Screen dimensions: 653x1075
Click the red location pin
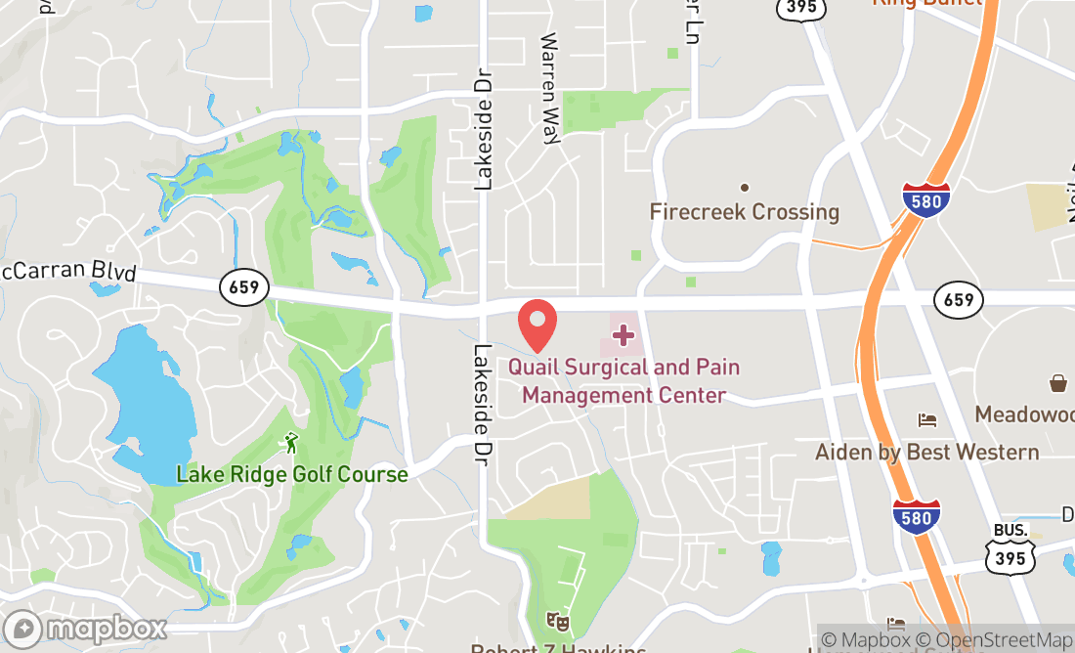(x=537, y=326)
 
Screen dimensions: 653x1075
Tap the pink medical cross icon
(x=623, y=336)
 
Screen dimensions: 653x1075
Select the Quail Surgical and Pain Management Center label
(x=624, y=381)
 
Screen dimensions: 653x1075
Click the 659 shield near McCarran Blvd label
(x=244, y=287)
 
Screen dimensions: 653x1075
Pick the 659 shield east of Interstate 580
(x=959, y=299)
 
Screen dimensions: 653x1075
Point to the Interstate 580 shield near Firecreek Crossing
(x=925, y=200)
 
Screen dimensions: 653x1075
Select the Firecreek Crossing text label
(x=745, y=212)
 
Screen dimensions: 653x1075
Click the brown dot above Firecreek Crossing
(x=745, y=187)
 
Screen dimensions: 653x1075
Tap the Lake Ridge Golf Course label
(x=291, y=475)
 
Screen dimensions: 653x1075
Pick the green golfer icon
(x=290, y=445)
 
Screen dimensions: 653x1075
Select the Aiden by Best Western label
(x=927, y=452)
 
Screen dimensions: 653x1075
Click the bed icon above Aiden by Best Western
(x=927, y=420)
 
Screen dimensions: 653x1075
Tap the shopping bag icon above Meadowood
(x=1058, y=383)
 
